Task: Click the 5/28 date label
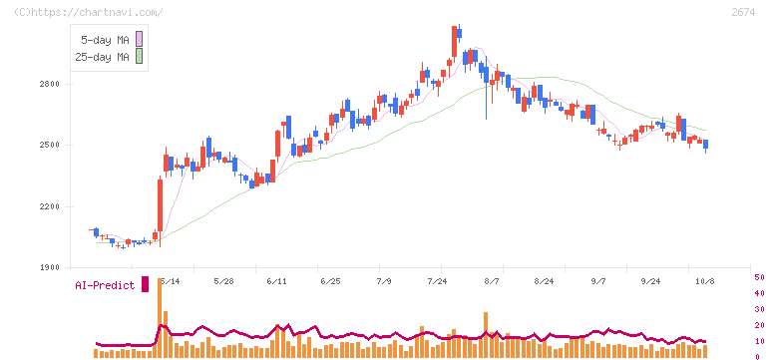tap(223, 281)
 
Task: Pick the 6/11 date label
tap(277, 281)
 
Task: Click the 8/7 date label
tap(491, 281)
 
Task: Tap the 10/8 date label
tap(706, 281)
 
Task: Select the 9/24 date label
tap(650, 281)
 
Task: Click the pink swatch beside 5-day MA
tap(139, 39)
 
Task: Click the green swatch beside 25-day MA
tap(139, 57)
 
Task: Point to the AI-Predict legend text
tap(105, 285)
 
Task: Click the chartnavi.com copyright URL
tap(89, 12)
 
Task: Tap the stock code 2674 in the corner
tap(743, 12)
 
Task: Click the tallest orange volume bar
tap(160, 318)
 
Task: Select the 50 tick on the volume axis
tap(759, 277)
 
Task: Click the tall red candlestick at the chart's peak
tap(454, 42)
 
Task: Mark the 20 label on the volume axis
tap(759, 325)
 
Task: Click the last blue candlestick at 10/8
tap(706, 145)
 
